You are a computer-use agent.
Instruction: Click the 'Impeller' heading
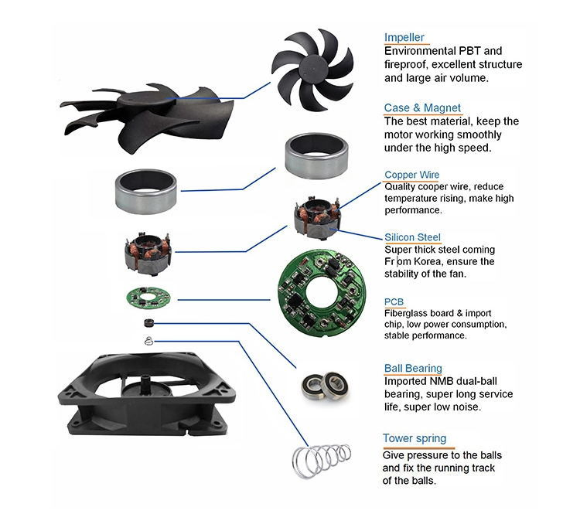pyautogui.click(x=404, y=37)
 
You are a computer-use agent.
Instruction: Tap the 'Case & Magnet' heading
pyautogui.click(x=422, y=108)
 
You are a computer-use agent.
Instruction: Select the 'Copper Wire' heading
pyautogui.click(x=411, y=175)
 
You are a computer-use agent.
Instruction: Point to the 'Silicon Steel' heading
pyautogui.click(x=413, y=238)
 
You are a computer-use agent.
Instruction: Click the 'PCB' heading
pyautogui.click(x=394, y=302)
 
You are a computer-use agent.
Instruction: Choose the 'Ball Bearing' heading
pyautogui.click(x=413, y=369)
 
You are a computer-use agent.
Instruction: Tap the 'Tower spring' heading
pyautogui.click(x=414, y=438)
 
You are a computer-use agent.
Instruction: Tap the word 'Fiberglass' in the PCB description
pyautogui.click(x=409, y=314)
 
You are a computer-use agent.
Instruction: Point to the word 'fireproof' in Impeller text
pyautogui.click(x=410, y=64)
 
